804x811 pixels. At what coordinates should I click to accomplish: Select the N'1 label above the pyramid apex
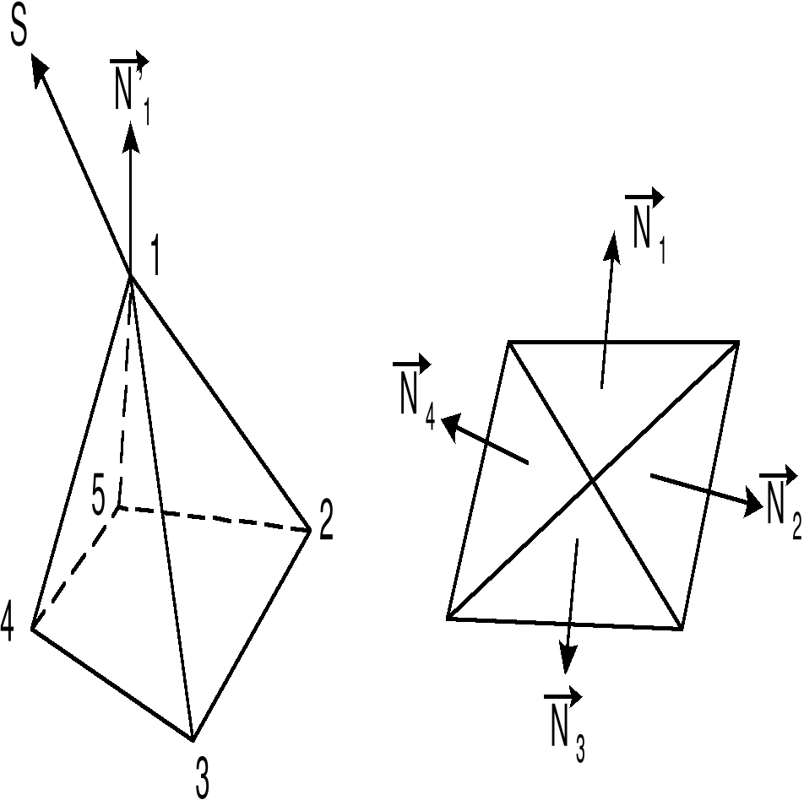coord(131,84)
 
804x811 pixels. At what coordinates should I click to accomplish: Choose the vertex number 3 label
coord(203,778)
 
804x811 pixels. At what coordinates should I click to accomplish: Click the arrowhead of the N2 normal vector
coord(752,505)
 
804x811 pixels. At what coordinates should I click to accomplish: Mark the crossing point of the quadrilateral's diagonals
coord(593,480)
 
